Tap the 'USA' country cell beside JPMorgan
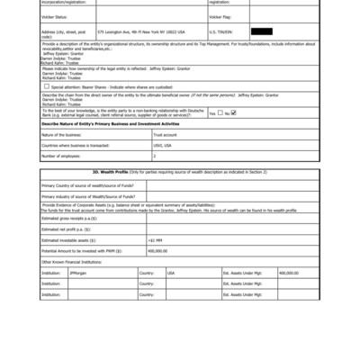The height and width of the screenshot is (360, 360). point(171,272)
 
